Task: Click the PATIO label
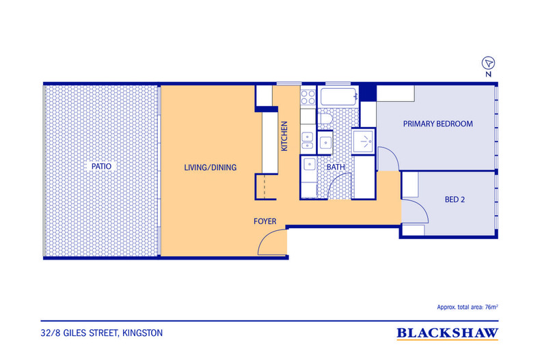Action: coord(101,166)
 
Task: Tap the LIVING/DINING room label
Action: coord(210,167)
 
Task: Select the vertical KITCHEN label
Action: coord(284,136)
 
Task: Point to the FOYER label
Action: coord(265,221)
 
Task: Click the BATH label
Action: coord(336,167)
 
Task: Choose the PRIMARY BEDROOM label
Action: coord(437,124)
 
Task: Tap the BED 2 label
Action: coord(455,199)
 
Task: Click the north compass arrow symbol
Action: coord(488,64)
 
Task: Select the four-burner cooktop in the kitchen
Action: coord(308,97)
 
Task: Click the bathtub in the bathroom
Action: coord(339,97)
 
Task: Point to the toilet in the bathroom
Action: coord(325,119)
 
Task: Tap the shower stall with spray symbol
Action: coord(363,141)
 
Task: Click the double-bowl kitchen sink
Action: coord(308,141)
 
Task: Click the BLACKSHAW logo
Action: coord(447,333)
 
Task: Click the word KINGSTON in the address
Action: coord(143,333)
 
